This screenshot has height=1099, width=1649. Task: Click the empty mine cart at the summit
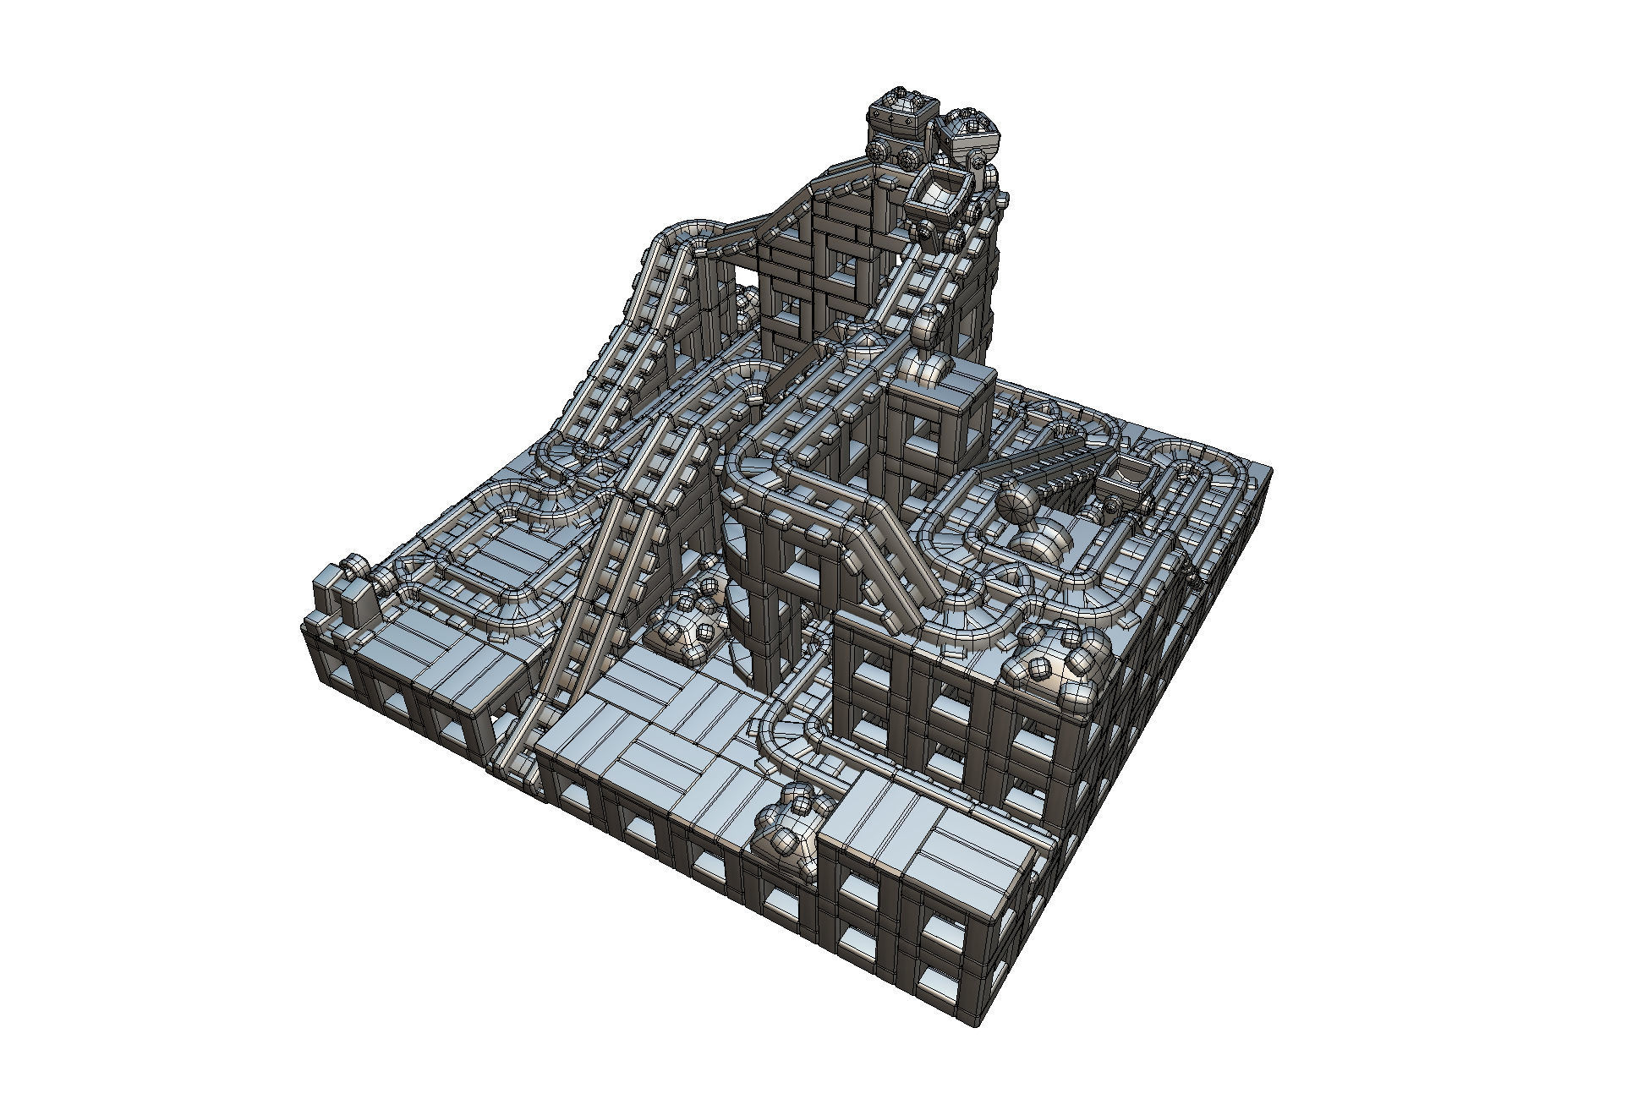(936, 194)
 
